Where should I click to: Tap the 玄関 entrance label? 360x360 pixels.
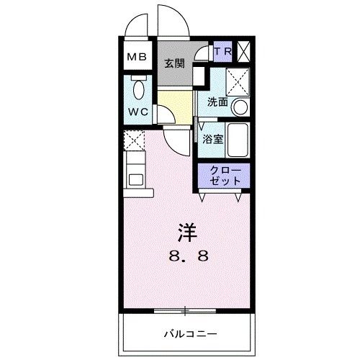pos(174,63)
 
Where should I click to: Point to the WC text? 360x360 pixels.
pos(138,112)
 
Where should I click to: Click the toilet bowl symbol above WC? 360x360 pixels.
pos(139,89)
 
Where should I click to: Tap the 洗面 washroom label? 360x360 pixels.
pos(218,102)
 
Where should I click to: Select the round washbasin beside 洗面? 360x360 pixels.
pos(240,107)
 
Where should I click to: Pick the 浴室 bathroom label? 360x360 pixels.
pos(214,140)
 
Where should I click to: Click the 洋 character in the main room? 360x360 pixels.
pos(186,232)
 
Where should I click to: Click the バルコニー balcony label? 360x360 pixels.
pos(189,333)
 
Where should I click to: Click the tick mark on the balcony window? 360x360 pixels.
pos(186,310)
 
